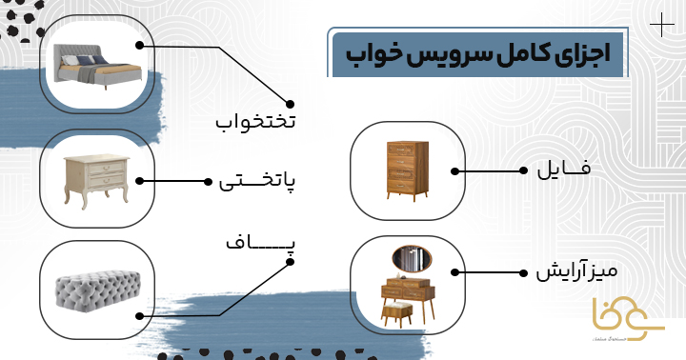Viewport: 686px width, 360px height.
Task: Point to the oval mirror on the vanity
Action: pyautogui.click(x=411, y=258)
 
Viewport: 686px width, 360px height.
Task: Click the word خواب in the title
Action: pyautogui.click(x=368, y=53)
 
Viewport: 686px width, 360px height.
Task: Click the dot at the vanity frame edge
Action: pyautogui.click(x=455, y=272)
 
